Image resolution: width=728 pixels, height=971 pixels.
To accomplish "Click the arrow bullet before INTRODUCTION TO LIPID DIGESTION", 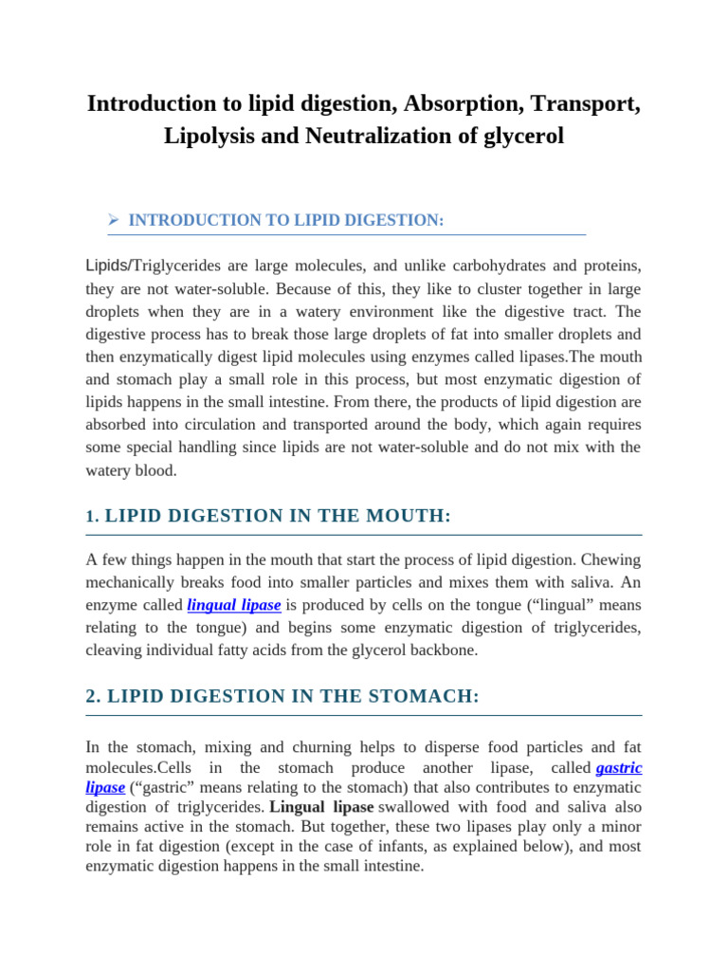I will click(x=115, y=220).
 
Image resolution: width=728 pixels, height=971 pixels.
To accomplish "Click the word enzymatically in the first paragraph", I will click(x=160, y=357).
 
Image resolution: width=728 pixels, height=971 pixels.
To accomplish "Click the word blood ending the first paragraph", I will click(x=155, y=470).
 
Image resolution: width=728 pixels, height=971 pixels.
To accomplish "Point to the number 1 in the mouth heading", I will click(x=90, y=517).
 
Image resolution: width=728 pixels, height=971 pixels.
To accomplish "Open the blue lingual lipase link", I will click(x=234, y=605).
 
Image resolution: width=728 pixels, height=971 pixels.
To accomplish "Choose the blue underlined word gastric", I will click(x=618, y=767).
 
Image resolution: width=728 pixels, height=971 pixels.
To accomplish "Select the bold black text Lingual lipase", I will click(x=321, y=807).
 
